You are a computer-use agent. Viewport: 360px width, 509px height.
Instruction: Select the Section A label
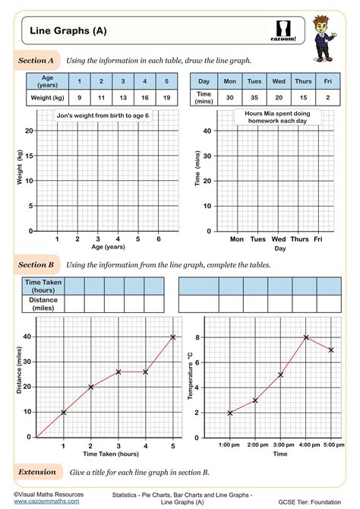36,59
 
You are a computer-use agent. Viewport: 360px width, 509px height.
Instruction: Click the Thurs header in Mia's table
302,81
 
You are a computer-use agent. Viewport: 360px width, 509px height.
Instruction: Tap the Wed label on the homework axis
279,239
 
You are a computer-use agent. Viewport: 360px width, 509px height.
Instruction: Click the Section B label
36,265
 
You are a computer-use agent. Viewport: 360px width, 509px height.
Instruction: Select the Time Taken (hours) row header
44,286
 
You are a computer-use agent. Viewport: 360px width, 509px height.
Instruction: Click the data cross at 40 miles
172,337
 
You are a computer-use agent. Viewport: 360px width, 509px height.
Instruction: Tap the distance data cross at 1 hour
63,412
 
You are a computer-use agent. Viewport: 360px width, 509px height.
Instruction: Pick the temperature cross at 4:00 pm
306,337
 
